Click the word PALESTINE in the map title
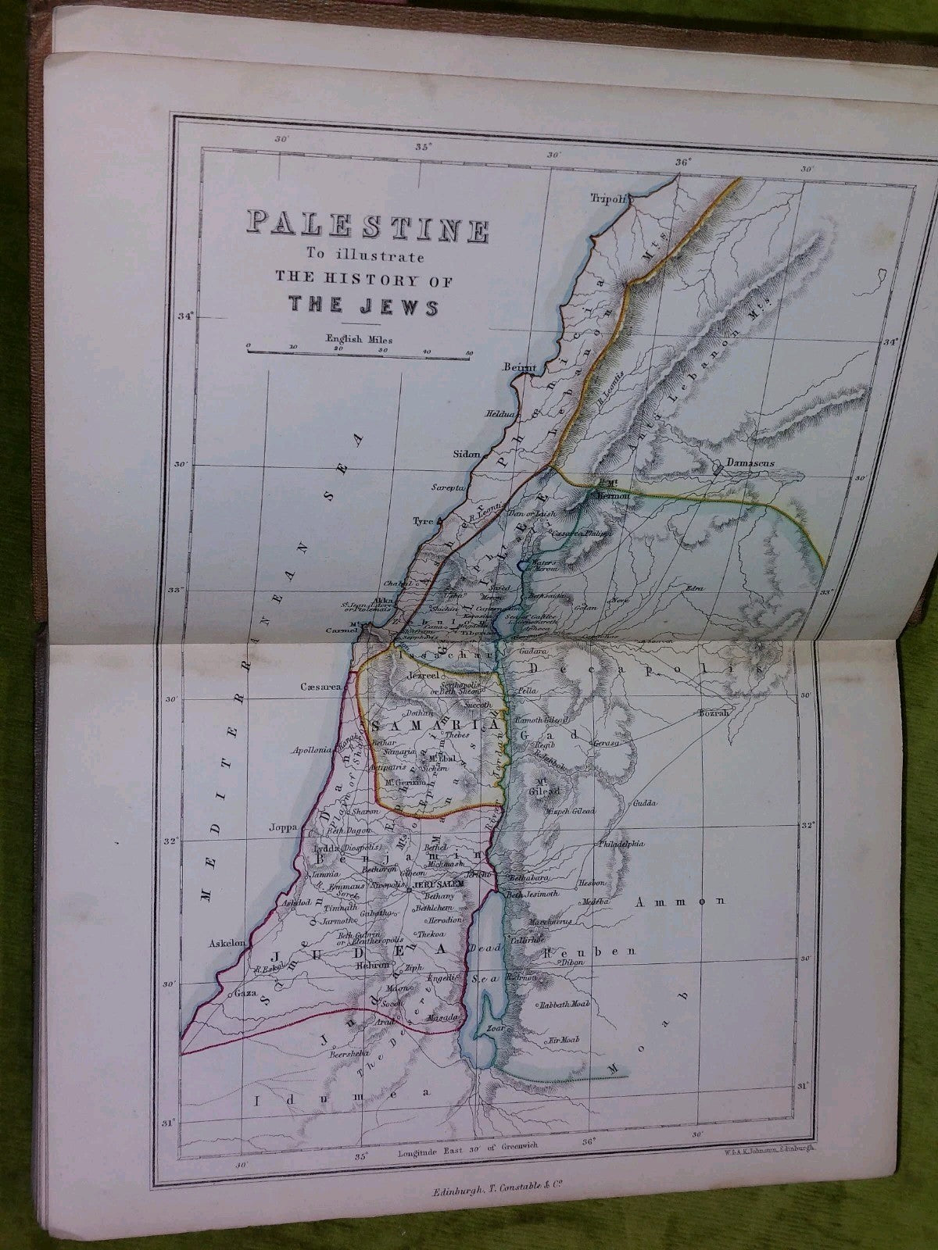click(367, 226)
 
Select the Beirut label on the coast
click(521, 367)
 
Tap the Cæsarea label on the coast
click(321, 687)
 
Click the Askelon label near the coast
click(227, 943)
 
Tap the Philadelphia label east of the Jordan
click(621, 845)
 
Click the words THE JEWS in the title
click(363, 305)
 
